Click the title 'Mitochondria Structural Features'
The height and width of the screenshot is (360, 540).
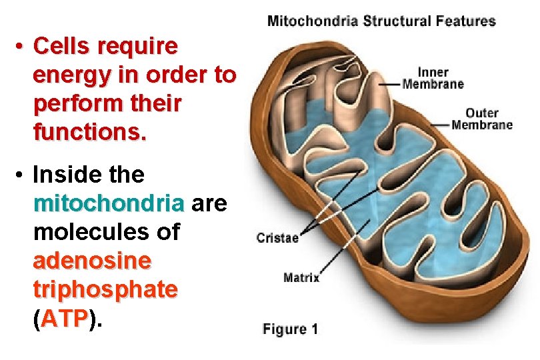[381, 21]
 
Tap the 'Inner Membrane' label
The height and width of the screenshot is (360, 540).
[433, 78]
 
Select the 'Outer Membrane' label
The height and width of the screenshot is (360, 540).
[482, 119]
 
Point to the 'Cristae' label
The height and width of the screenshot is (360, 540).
[277, 237]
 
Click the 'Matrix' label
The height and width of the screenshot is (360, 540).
[301, 277]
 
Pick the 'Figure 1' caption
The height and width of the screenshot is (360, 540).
[291, 329]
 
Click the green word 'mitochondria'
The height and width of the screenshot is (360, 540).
[109, 203]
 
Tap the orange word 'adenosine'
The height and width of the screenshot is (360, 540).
[92, 261]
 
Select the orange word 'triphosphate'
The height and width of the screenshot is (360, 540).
[105, 289]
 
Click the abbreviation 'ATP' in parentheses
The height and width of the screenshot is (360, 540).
[65, 319]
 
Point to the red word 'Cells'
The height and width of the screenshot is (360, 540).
[62, 46]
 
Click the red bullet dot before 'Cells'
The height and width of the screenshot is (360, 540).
[21, 47]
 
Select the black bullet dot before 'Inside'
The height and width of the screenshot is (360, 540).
[21, 175]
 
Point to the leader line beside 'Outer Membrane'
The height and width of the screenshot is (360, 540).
[442, 125]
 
